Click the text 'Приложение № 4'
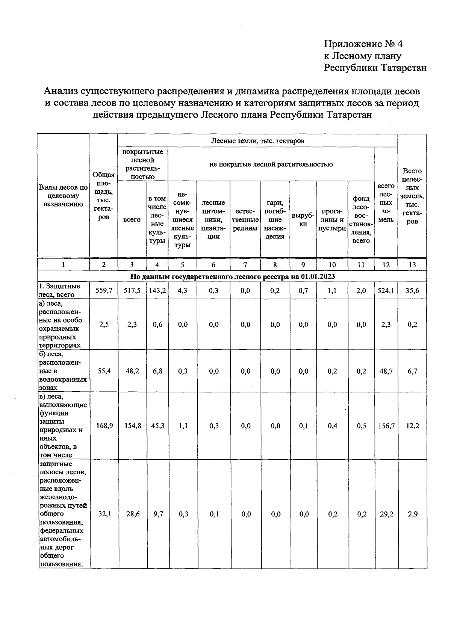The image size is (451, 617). coord(363,44)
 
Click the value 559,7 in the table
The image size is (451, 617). coord(104,290)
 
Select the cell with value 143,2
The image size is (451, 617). coord(157,290)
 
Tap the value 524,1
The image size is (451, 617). coord(386,290)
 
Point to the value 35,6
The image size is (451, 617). coord(412,290)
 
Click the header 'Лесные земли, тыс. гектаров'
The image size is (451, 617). coord(257,141)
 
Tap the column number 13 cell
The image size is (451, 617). coord(412,264)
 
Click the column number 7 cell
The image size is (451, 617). coord(245,264)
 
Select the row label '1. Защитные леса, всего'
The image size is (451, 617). coord(59,290)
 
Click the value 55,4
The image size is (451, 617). coord(104,371)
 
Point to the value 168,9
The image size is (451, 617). coord(104,426)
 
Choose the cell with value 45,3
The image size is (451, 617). coord(157,426)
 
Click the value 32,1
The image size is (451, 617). coord(104,514)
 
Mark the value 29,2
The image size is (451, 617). coord(386,514)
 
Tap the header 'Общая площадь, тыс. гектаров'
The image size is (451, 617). coord(104,195)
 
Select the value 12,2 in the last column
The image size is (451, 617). coord(412,426)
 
